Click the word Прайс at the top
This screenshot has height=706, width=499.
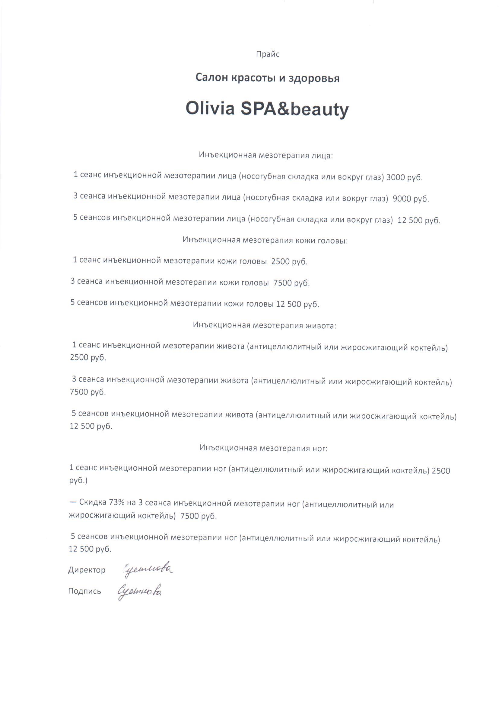point(268,54)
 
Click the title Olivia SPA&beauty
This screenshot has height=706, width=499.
point(267,108)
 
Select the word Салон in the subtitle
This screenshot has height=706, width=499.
point(211,78)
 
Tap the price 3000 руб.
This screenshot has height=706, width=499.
point(404,178)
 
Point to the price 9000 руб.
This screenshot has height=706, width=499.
point(411,199)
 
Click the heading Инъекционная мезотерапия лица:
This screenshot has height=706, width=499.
point(266,155)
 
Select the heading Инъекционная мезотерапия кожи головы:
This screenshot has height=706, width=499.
point(265,240)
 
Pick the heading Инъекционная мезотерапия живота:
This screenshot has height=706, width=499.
point(265,325)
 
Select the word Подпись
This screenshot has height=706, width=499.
point(84,591)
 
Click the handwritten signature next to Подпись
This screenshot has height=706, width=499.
point(140,591)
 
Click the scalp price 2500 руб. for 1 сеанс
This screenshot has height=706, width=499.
point(289,262)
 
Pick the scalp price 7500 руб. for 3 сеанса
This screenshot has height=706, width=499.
point(291,283)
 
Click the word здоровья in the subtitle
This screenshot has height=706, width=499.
point(314,79)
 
